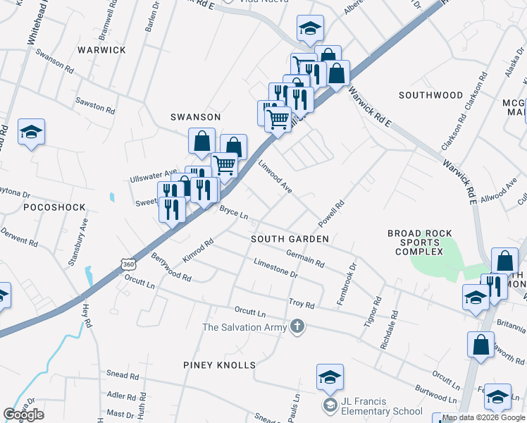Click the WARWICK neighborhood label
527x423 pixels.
(x=101, y=50)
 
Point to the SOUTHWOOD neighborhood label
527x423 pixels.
(x=430, y=95)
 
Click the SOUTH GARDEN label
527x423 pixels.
(x=290, y=240)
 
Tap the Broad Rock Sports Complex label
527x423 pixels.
(x=416, y=243)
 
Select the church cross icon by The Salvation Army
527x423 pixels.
(x=297, y=326)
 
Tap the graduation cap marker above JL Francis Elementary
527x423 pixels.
(x=330, y=377)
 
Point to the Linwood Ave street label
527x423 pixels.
(x=275, y=176)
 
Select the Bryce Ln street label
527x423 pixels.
(x=234, y=211)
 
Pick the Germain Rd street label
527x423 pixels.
(x=305, y=258)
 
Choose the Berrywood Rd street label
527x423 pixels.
(x=170, y=269)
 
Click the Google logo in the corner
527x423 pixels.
(x=24, y=415)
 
